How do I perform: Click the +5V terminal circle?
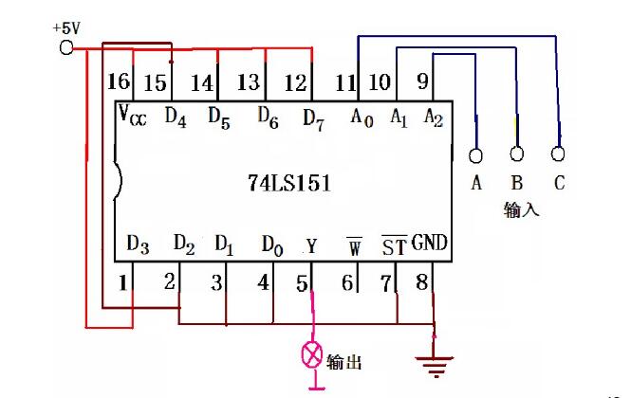tap(66, 47)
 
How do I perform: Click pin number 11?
tap(345, 83)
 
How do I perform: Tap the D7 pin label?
tap(314, 118)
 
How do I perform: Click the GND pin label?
tap(429, 244)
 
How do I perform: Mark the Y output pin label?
tap(311, 245)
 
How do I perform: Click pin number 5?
tap(303, 281)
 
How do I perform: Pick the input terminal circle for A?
tap(475, 155)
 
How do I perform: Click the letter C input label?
tap(559, 183)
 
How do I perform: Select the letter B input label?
tap(517, 183)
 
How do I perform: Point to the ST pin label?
tap(393, 245)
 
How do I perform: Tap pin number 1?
tap(122, 281)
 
